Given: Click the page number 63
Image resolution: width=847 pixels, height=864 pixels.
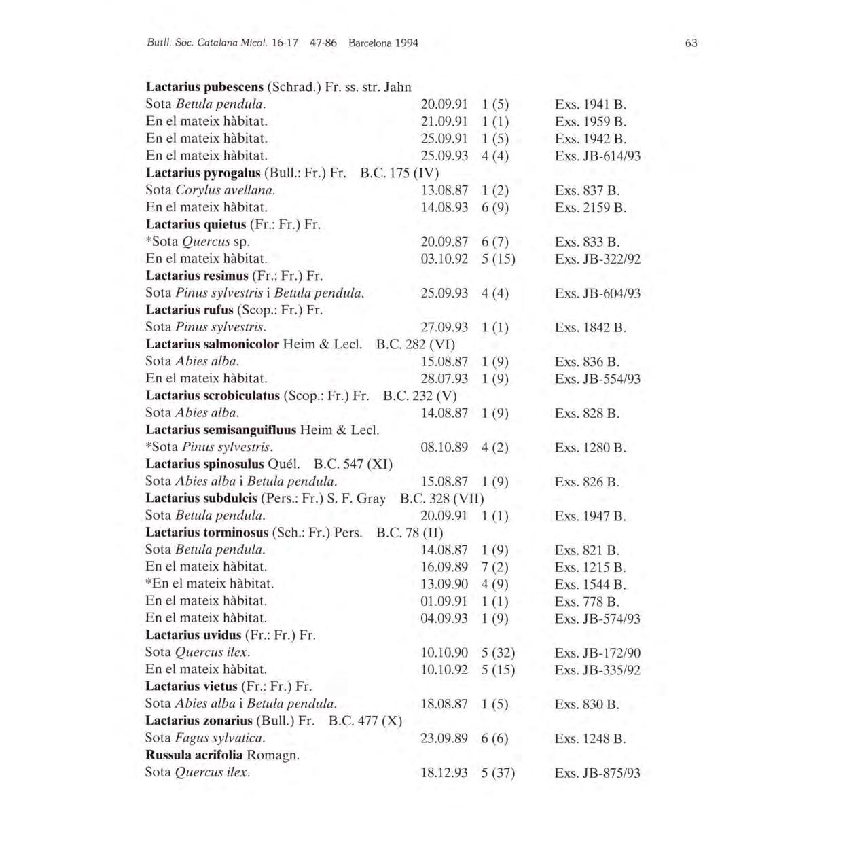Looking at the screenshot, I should click(691, 43).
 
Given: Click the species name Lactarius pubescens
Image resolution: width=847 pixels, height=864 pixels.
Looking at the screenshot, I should click(204, 87).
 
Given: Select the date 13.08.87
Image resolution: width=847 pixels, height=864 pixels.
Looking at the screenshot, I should click(444, 190).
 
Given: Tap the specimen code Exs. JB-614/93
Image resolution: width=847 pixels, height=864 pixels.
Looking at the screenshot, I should click(597, 156).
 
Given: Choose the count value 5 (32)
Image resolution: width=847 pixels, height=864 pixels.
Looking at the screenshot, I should click(498, 653).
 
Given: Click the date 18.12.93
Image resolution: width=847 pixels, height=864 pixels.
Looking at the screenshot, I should click(444, 773).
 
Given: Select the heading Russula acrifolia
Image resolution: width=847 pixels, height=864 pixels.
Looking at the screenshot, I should click(194, 755).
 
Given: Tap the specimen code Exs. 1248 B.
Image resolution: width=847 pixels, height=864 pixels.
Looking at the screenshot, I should click(590, 738).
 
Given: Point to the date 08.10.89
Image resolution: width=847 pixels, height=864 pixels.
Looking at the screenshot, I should click(444, 448).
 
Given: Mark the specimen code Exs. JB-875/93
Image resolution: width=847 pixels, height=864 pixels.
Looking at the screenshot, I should click(597, 773).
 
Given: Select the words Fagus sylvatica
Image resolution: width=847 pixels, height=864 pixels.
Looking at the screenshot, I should click(219, 738).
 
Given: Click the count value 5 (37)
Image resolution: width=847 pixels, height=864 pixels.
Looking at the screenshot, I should click(498, 773).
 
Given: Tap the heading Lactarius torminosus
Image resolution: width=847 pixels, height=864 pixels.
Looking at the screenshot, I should click(208, 533).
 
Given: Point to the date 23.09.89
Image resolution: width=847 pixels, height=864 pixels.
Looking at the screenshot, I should click(444, 738).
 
